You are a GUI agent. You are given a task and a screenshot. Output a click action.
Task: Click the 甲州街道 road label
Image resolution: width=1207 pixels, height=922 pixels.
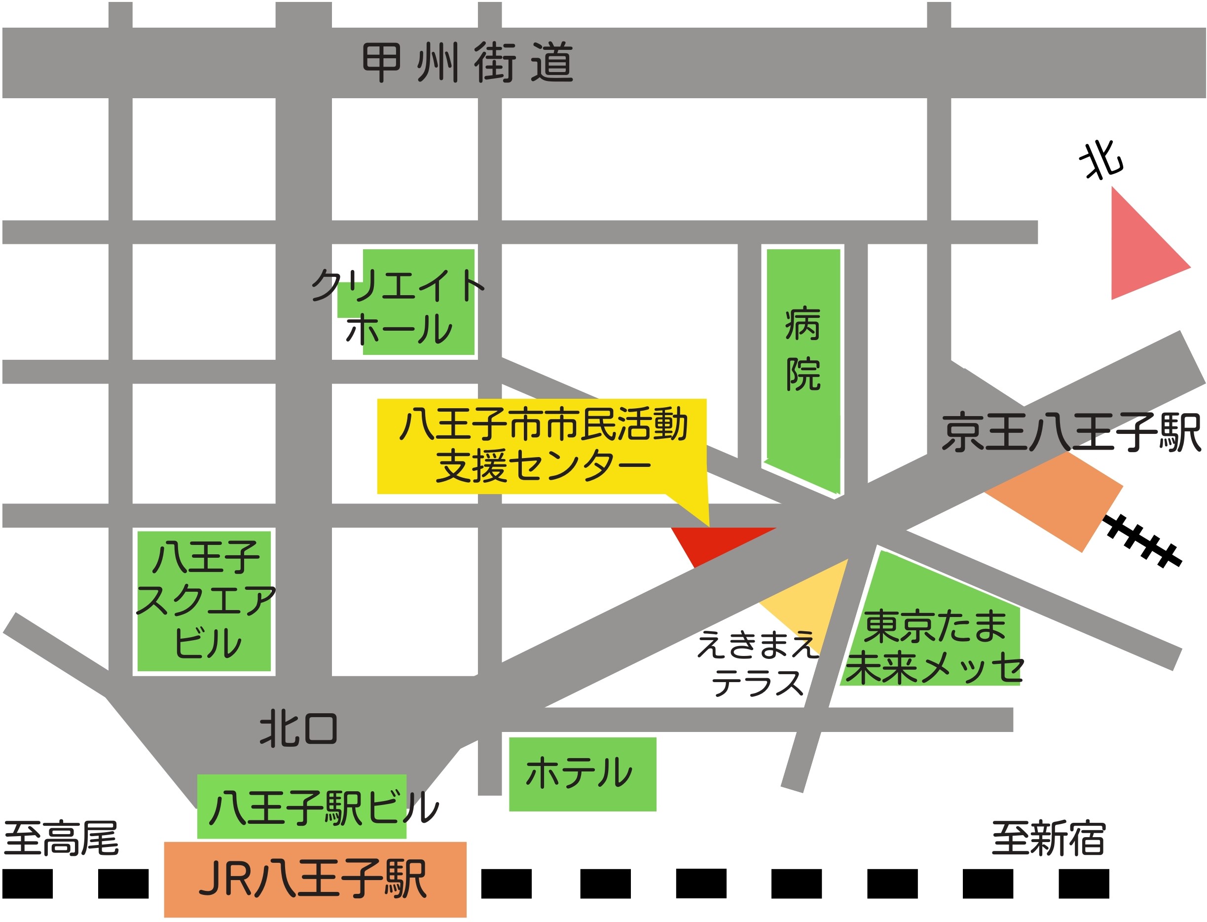click(467, 63)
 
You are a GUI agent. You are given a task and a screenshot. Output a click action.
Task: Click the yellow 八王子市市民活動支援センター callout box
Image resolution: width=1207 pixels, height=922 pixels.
click(541, 446)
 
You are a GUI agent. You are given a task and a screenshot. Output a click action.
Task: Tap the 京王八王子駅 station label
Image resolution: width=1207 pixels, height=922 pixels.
click(1070, 433)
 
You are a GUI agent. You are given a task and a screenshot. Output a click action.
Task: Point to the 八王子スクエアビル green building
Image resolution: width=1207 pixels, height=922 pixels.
click(204, 601)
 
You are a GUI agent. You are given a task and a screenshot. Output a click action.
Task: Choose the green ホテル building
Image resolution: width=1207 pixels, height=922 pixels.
click(583, 774)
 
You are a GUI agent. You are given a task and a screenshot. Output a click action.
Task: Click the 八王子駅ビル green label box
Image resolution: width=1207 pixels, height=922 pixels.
click(301, 807)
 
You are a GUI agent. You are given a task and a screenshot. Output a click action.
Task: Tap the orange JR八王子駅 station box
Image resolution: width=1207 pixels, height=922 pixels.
click(315, 879)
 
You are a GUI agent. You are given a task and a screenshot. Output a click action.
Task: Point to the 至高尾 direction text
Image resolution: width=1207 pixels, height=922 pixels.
click(62, 839)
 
